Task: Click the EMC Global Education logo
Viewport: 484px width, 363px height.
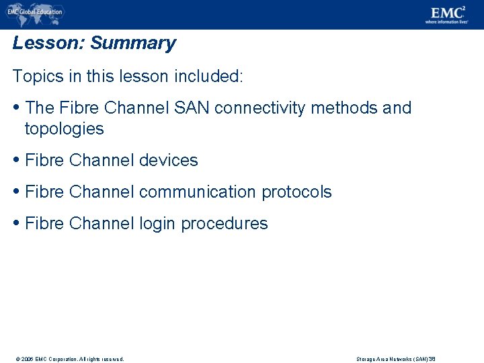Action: (34, 11)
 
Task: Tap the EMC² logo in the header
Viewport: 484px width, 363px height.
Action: (448, 12)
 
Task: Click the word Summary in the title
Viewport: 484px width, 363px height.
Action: (132, 43)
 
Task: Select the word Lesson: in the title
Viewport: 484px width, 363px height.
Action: (48, 43)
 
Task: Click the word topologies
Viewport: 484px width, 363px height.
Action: (64, 128)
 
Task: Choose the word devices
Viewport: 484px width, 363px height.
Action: (168, 160)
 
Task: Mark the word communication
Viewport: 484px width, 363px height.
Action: (198, 192)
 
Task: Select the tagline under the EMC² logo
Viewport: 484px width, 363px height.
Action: (446, 22)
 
